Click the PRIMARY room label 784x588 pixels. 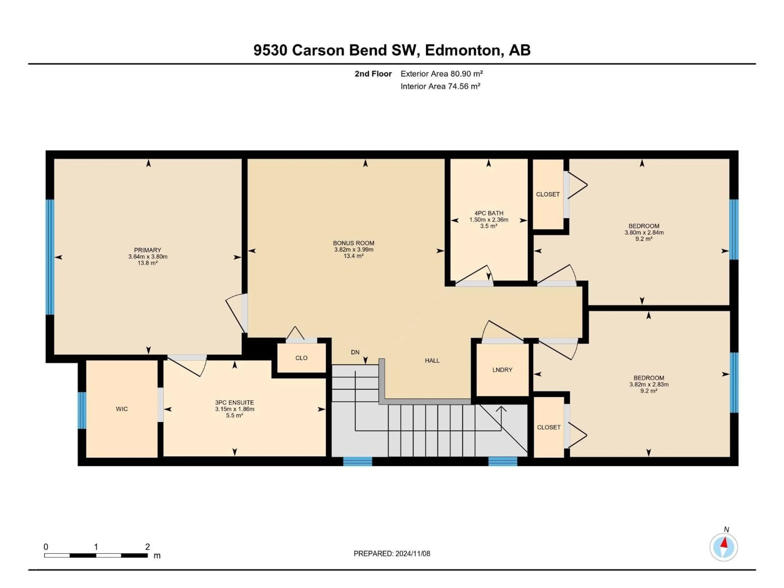point(147,250)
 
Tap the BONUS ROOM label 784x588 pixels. point(353,243)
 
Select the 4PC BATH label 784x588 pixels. point(489,213)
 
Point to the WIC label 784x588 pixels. point(121,409)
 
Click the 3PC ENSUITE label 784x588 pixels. point(234,403)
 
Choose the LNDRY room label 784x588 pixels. point(502,370)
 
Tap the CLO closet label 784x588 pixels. point(301,358)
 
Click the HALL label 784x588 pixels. point(432,360)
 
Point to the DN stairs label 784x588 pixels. point(355,352)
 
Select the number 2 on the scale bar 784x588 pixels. point(147,547)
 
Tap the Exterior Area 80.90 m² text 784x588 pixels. point(442,74)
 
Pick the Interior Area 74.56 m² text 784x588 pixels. point(440,86)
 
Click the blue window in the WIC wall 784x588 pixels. point(82,410)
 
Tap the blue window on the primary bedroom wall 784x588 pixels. point(50,257)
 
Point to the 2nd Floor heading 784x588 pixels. point(373,74)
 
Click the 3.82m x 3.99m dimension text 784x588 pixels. point(354,249)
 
